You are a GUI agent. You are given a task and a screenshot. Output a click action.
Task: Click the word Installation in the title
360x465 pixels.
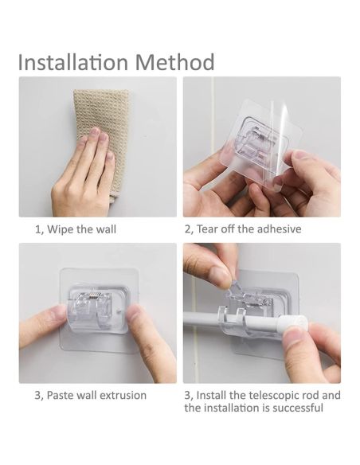[73, 62]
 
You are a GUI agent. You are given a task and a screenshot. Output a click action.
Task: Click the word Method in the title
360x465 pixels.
[174, 62]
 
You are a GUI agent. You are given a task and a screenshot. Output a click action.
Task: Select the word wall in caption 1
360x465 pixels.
[106, 229]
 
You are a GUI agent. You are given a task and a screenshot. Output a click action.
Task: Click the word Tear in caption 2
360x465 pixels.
[207, 229]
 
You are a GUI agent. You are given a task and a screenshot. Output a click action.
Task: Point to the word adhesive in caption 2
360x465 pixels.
[279, 229]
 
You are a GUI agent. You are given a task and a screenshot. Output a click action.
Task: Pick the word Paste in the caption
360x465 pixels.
[60, 395]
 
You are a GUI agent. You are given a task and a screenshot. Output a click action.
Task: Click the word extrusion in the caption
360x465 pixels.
[123, 395]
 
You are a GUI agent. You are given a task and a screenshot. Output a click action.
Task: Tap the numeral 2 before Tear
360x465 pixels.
[187, 229]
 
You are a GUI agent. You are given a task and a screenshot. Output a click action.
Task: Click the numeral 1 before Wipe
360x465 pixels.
[37, 229]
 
